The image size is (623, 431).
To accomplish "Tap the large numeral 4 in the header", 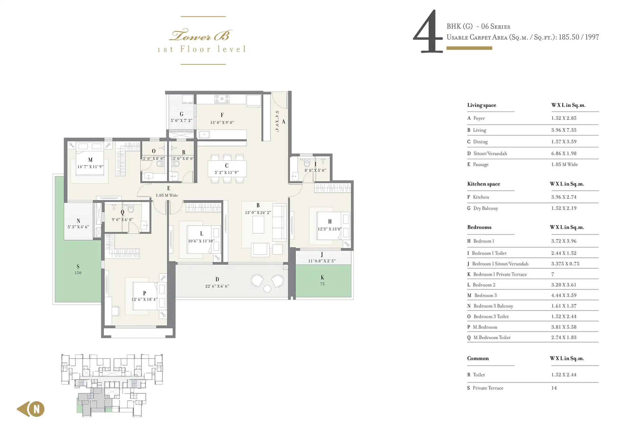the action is pyautogui.click(x=428, y=31).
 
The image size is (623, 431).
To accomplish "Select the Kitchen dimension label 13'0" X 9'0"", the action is pyautogui.click(x=222, y=123).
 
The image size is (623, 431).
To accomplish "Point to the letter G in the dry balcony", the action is pyautogui.click(x=182, y=114).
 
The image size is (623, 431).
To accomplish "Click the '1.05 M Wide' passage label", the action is pyautogui.click(x=167, y=195).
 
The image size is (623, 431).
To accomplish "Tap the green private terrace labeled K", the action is pyautogui.click(x=323, y=281).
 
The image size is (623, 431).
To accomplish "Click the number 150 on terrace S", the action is pyautogui.click(x=78, y=273).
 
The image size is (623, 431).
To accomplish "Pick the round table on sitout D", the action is pyautogui.click(x=267, y=289).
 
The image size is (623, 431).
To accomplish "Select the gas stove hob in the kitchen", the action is pyautogui.click(x=222, y=99).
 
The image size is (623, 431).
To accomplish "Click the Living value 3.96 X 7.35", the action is pyautogui.click(x=564, y=130).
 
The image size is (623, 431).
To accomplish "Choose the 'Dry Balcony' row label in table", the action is pyautogui.click(x=486, y=208).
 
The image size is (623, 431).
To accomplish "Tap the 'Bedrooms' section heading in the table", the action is pyautogui.click(x=479, y=227).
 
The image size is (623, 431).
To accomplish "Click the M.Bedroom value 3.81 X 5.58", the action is pyautogui.click(x=564, y=327).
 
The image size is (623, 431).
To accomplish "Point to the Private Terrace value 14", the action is pyautogui.click(x=554, y=388).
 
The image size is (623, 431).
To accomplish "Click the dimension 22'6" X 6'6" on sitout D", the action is pyautogui.click(x=217, y=286).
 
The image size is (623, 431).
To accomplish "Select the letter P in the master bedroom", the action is pyautogui.click(x=145, y=293).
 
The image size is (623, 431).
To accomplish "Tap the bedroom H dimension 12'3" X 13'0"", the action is pyautogui.click(x=330, y=229).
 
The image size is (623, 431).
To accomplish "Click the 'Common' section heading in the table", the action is pyautogui.click(x=478, y=358).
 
